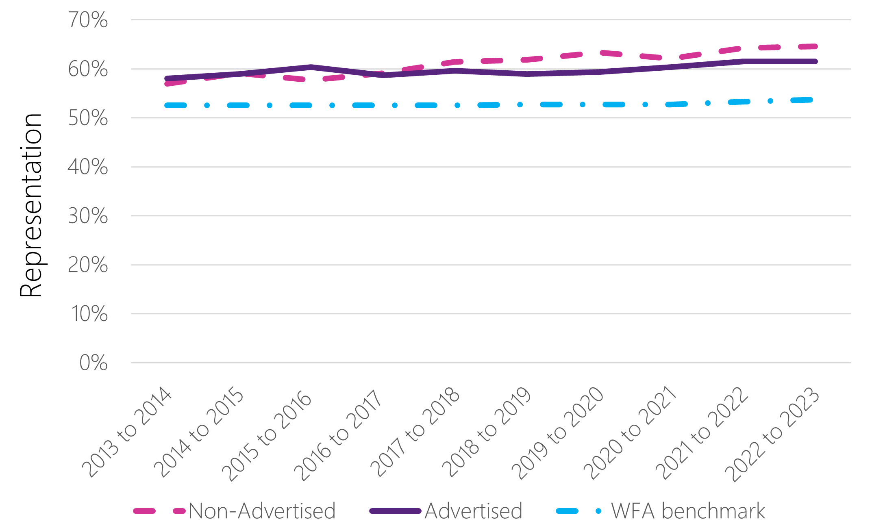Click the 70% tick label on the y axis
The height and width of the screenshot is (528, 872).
click(x=88, y=20)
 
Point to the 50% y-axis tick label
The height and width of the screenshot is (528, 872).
click(x=88, y=118)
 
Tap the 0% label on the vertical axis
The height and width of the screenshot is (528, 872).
click(x=93, y=363)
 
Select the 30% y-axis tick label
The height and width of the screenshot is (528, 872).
click(x=88, y=216)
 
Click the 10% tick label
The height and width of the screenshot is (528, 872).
click(x=89, y=314)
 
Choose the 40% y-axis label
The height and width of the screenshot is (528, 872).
click(x=88, y=167)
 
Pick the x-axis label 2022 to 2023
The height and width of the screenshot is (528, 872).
click(x=772, y=435)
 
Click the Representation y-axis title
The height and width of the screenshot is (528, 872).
click(x=31, y=205)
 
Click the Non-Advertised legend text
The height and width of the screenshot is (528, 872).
click(x=262, y=511)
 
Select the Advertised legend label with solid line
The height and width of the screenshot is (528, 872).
click(x=474, y=511)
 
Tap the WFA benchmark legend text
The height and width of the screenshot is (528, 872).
click(x=688, y=511)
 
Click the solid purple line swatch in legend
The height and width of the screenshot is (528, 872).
click(x=395, y=511)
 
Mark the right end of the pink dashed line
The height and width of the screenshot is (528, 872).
click(x=815, y=46)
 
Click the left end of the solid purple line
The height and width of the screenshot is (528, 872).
click(x=167, y=78)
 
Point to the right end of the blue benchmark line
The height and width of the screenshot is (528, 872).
click(x=810, y=100)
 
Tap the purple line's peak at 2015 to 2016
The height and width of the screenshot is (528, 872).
click(x=311, y=67)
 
